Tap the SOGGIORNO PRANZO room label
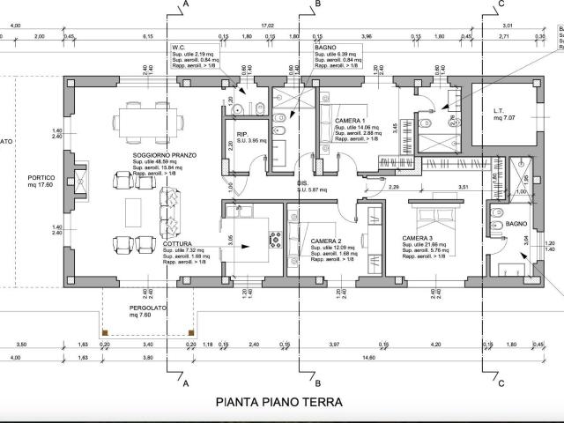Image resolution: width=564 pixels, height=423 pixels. coord(164,155)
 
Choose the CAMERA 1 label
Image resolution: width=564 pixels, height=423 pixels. coord(352,120)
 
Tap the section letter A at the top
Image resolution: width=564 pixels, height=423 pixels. coord(187,5)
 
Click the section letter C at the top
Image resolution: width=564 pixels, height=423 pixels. coord(501,5)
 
